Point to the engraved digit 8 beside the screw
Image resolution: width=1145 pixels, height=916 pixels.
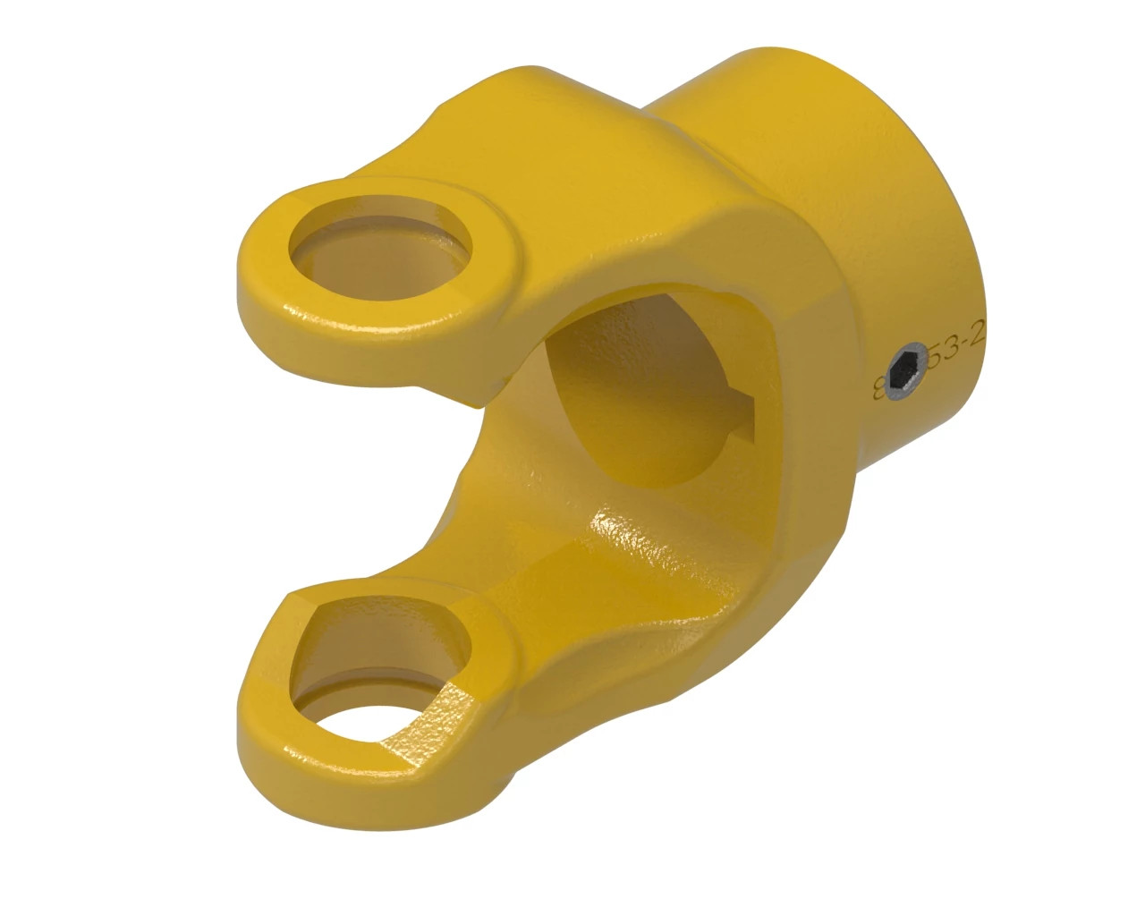pos(878,388)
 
